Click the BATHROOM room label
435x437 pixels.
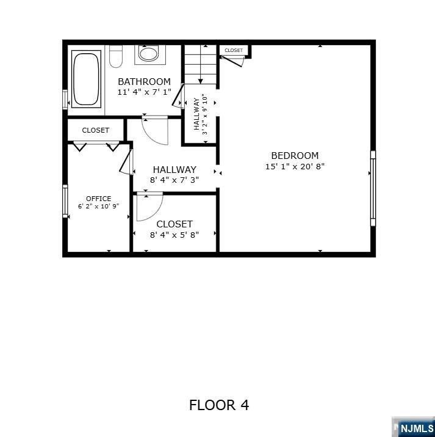pyautogui.click(x=144, y=81)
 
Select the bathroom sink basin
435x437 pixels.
pyautogui.click(x=148, y=53)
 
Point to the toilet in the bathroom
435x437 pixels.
pyautogui.click(x=116, y=56)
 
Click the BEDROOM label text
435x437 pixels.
pyautogui.click(x=295, y=155)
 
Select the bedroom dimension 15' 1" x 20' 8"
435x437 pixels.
pyautogui.click(x=295, y=166)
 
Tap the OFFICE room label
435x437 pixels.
pyautogui.click(x=98, y=199)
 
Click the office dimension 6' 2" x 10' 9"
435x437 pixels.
pyautogui.click(x=98, y=207)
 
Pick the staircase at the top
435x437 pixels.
pyautogui.click(x=200, y=64)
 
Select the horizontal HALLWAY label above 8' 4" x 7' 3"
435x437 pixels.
pyautogui.click(x=174, y=169)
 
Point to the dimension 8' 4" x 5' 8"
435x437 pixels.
pyautogui.click(x=174, y=235)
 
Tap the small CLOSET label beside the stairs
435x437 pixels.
pyautogui.click(x=233, y=50)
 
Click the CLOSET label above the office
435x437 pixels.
pyautogui.click(x=95, y=130)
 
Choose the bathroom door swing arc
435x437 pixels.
pyautogui.click(x=155, y=130)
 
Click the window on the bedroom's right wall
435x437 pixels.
pyautogui.click(x=373, y=188)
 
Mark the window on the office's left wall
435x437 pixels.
pyautogui.click(x=65, y=201)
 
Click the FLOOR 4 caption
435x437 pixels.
pyautogui.click(x=218, y=405)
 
